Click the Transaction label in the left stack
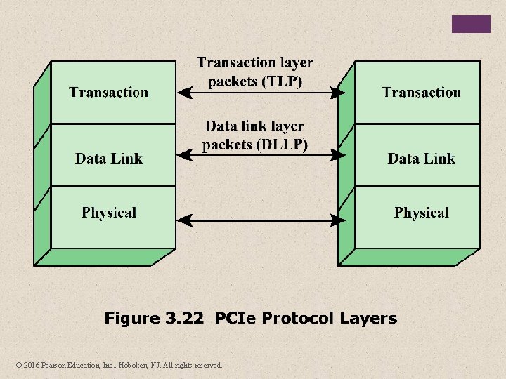tap(109, 92)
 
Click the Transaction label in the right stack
tap(421, 92)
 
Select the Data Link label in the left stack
tap(109, 159)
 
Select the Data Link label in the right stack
tap(421, 159)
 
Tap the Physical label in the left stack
tap(109, 213)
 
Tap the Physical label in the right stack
tap(421, 213)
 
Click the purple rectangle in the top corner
tap(471, 24)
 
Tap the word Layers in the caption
tap(368, 319)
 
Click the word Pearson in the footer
tap(55, 365)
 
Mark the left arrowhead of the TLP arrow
tap(183, 92)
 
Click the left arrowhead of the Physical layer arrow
tap(183, 221)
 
